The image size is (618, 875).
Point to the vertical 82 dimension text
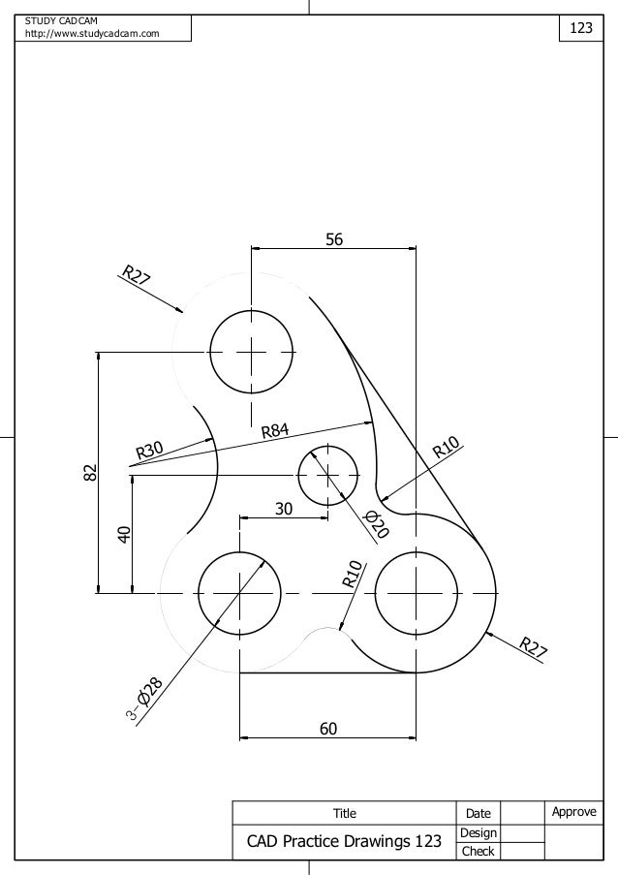(x=89, y=473)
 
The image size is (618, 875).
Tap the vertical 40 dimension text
(x=123, y=534)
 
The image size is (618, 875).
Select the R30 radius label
(x=150, y=450)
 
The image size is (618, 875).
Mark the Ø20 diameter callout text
(x=376, y=524)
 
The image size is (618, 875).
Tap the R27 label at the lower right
(x=532, y=648)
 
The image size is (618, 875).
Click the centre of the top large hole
(x=251, y=351)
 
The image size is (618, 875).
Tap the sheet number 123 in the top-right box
(x=580, y=28)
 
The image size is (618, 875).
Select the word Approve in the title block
(x=573, y=812)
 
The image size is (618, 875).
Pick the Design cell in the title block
(x=478, y=832)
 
